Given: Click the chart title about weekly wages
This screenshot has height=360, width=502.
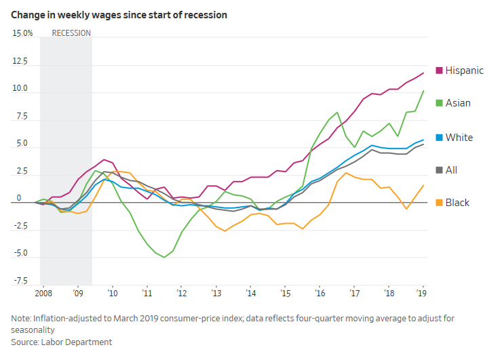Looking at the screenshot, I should click(119, 14).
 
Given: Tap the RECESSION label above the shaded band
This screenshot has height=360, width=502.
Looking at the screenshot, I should click(71, 33).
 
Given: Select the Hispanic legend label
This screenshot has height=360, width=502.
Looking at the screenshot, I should click(465, 71).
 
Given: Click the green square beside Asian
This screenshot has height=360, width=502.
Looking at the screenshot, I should click(439, 103).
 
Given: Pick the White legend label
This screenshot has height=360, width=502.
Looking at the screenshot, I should click(459, 138).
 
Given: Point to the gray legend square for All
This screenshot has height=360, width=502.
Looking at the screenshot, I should click(439, 170).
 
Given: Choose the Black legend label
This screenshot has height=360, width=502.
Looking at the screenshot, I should click(457, 203).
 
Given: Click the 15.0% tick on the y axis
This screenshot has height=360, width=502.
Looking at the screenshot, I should click(23, 33).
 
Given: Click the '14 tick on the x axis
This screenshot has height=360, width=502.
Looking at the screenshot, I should click(251, 294).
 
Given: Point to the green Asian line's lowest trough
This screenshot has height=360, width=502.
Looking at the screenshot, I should click(164, 258).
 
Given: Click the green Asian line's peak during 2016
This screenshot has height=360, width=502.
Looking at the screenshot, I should click(337, 113).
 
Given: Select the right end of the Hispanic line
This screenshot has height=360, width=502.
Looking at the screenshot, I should click(424, 73).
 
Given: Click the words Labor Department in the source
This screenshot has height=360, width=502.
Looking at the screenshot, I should click(77, 342).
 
